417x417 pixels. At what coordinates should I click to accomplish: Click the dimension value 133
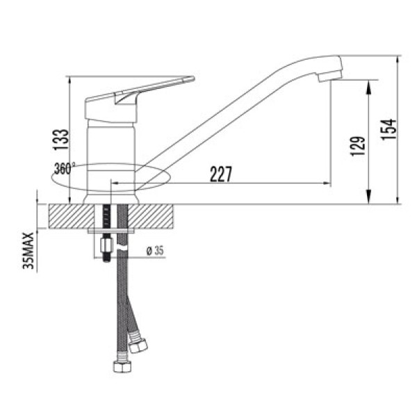pyautogui.click(x=62, y=140)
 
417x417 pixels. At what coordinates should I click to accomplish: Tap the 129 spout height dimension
pyautogui.click(x=358, y=145)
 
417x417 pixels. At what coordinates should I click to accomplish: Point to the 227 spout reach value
pyautogui.click(x=220, y=174)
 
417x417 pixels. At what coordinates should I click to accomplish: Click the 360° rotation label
pyautogui.click(x=63, y=168)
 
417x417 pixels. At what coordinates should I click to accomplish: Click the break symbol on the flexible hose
pyautogui.click(x=124, y=249)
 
